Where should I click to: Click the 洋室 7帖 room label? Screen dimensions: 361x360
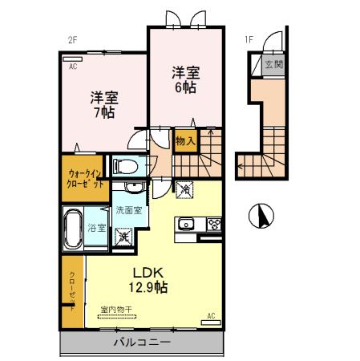coord(104,105)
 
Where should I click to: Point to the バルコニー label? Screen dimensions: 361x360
coord(140,342)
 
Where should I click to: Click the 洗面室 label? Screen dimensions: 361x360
coord(128,210)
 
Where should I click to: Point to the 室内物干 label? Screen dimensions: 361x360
coord(116,309)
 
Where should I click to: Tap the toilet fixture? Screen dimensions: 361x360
coord(125,166)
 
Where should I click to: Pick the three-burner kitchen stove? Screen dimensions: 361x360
coord(214,223)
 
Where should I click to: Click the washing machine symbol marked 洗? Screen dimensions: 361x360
coord(123,237)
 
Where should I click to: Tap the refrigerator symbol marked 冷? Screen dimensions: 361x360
coord(186,190)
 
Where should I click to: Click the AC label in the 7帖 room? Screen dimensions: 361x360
coord(72,67)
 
